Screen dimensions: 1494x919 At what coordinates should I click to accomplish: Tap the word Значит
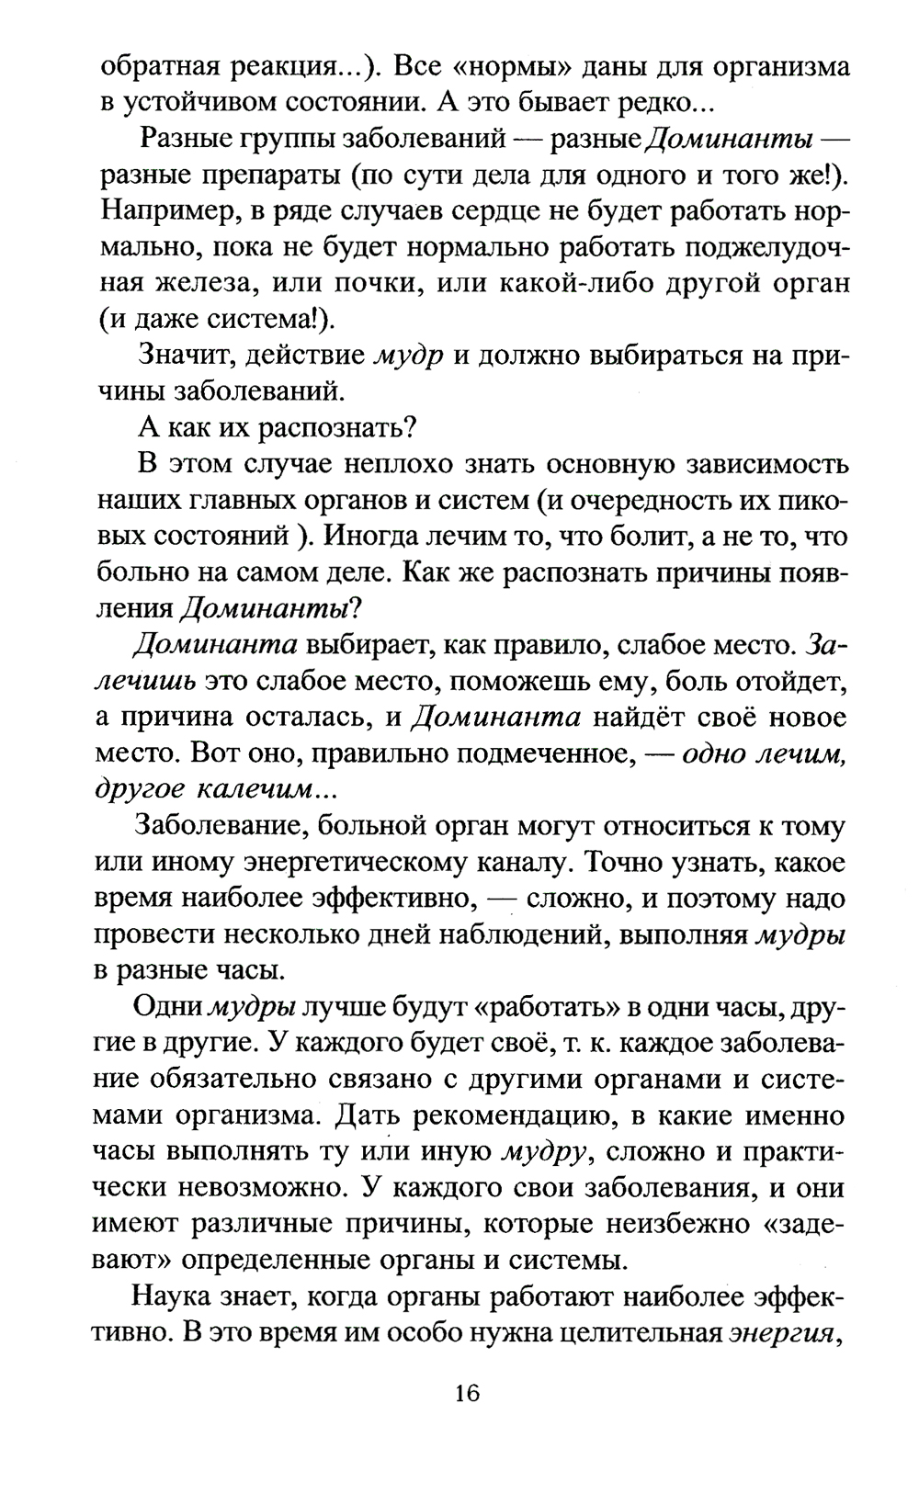pos(187,355)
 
